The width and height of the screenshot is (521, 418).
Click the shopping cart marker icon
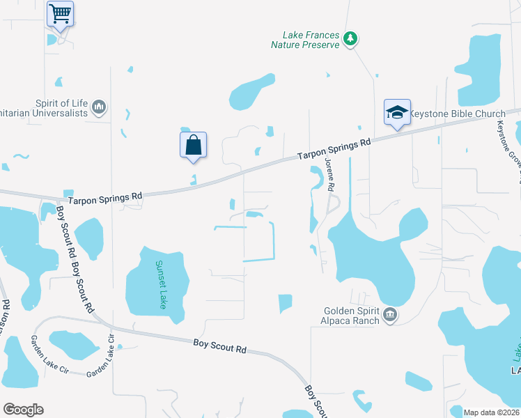point(61,13)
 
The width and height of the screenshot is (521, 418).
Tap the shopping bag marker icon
point(194,146)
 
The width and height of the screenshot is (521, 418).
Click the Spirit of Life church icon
point(99,107)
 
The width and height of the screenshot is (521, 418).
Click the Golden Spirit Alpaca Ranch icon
point(390,316)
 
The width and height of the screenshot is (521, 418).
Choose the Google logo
point(23,410)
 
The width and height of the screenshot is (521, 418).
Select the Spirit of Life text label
point(62,102)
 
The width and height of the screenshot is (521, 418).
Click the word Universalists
point(58,112)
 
